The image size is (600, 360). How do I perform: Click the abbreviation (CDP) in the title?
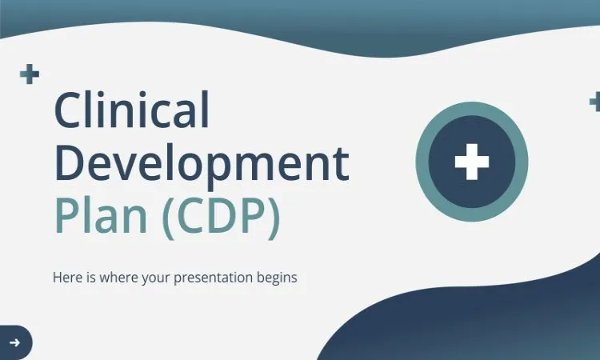click(222, 214)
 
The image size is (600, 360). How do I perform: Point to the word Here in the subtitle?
click(66, 278)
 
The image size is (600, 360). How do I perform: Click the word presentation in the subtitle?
click(220, 278)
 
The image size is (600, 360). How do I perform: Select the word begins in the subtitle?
click(277, 278)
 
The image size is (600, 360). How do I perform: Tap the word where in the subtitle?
click(114, 278)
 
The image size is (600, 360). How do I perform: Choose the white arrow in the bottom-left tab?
click(14, 342)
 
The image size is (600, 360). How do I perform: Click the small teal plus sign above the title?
click(30, 75)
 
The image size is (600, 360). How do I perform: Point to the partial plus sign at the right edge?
click(595, 102)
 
